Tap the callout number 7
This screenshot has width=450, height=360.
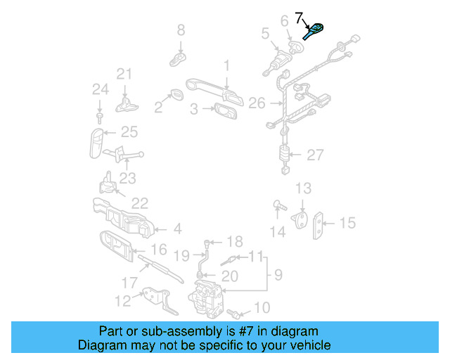(299, 17)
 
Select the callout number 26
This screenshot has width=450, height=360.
(257, 103)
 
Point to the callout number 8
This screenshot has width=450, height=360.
(181, 30)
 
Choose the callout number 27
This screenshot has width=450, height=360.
(315, 155)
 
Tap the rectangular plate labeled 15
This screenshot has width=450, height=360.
(321, 224)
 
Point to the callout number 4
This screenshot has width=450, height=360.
(177, 229)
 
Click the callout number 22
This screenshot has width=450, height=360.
(139, 203)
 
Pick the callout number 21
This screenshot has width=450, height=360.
(124, 74)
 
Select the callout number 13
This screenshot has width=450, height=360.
(302, 188)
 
